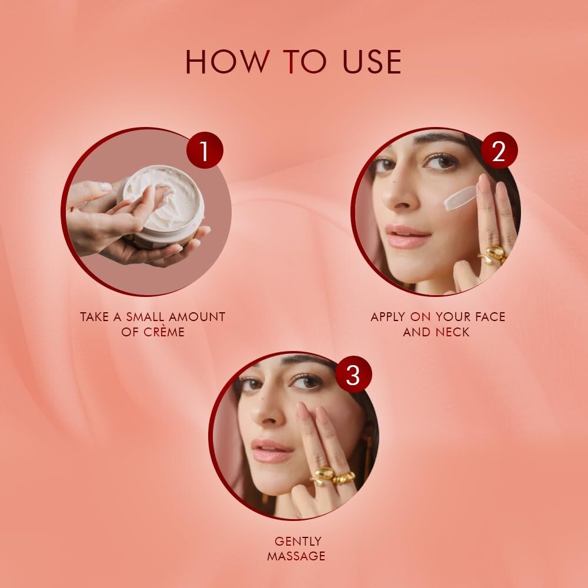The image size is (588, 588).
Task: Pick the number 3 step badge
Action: [x=353, y=375]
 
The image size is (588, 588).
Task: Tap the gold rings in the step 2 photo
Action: [x=493, y=255]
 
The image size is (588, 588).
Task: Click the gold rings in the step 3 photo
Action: [x=332, y=475]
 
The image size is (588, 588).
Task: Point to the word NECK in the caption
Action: [x=452, y=332]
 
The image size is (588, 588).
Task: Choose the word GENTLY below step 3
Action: [x=298, y=541]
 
